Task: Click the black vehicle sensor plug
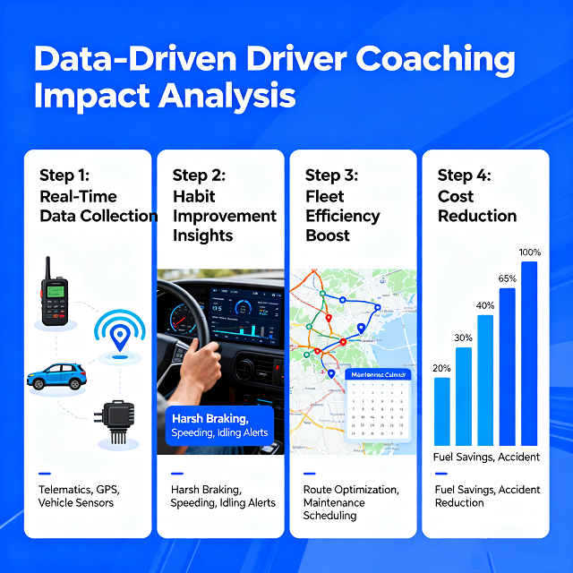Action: [117, 419]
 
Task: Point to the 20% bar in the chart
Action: [442, 411]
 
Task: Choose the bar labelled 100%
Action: [529, 354]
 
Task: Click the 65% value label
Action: [508, 278]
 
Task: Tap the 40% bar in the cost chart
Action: [485, 381]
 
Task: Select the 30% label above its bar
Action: [464, 338]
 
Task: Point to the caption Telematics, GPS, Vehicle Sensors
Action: [79, 496]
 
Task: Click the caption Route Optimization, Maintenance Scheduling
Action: [349, 502]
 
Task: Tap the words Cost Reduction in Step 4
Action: [477, 206]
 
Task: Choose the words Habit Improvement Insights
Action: [225, 216]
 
